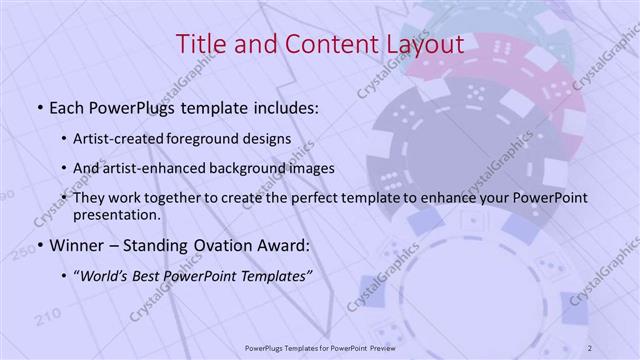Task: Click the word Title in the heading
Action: coord(199,44)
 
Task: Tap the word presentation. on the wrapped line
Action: coord(116,214)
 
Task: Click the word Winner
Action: coord(74,244)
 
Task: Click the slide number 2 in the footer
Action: coord(591,347)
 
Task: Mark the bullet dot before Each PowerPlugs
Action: coord(38,106)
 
